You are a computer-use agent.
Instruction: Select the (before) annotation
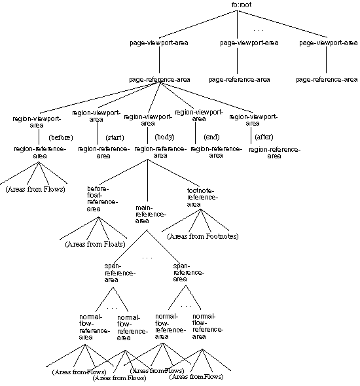(x=60, y=137)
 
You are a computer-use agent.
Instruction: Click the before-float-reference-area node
(x=102, y=199)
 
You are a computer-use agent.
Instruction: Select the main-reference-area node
(x=151, y=213)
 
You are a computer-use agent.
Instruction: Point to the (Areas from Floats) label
(x=95, y=245)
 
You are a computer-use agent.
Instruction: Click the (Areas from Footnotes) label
(x=203, y=236)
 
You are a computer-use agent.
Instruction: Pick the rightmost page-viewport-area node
(x=327, y=43)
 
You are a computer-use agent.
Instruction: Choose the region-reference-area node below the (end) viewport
(x=216, y=152)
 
